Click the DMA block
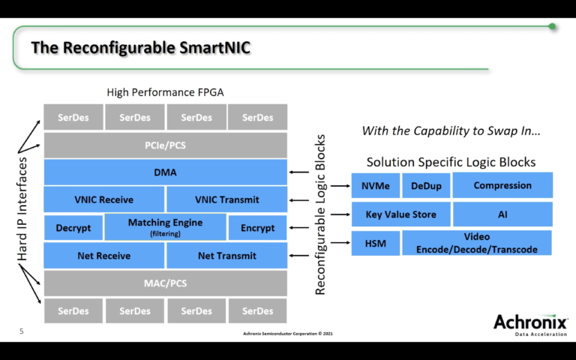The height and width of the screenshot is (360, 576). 166,172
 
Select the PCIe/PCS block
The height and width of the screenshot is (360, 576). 166,144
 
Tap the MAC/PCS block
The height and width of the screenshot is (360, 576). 166,283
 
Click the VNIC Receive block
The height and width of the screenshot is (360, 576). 104,199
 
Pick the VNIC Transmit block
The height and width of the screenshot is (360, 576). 227,199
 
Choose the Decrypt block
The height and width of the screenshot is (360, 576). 73,227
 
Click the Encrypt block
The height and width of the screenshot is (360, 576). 257,227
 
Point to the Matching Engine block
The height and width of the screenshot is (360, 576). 165,227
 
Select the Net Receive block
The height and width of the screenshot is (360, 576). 104,256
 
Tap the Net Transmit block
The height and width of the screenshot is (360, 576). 227,256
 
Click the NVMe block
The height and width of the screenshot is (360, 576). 375,185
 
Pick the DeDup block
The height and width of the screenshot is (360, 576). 425,185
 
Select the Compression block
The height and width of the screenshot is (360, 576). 502,185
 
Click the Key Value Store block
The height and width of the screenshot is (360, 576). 400,214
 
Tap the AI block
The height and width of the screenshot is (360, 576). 502,214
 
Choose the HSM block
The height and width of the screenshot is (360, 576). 375,243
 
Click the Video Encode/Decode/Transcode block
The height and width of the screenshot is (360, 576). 477,243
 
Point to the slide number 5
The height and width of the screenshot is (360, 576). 21,330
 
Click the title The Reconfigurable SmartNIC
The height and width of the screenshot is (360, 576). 140,48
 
